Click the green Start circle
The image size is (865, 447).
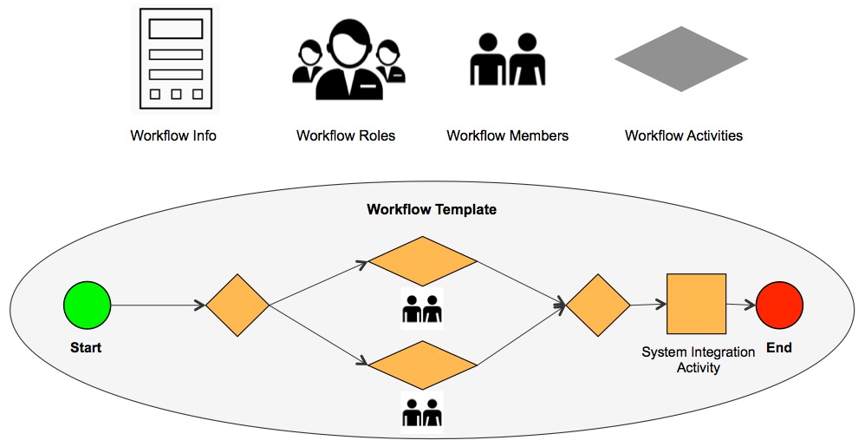tap(88, 306)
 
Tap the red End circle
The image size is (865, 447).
tap(779, 306)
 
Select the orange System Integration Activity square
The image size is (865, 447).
tap(696, 304)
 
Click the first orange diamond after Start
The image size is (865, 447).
tap(237, 306)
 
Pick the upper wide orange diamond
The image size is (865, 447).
tap(423, 261)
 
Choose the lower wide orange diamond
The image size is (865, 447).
tap(423, 365)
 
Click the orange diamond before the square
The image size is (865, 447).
tap(598, 306)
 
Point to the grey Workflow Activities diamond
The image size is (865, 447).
tap(681, 59)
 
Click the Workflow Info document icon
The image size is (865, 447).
tap(176, 59)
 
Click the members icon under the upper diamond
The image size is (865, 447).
tap(422, 309)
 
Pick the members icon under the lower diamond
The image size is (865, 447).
tap(422, 411)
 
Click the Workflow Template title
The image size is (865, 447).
tap(432, 210)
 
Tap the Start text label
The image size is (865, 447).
tap(86, 348)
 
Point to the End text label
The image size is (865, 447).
tap(778, 348)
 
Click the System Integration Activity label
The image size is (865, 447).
tap(698, 360)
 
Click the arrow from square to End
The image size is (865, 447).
tap(740, 305)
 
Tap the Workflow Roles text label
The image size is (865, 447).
tap(345, 135)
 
